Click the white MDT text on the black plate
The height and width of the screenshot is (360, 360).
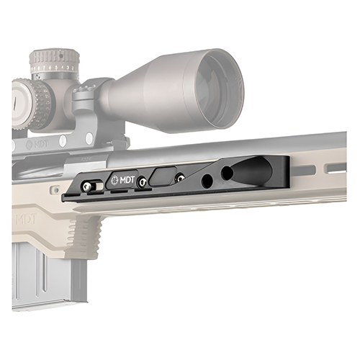point(127,180)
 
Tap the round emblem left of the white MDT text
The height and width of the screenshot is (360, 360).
point(115,180)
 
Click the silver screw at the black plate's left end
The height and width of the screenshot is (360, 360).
point(86,186)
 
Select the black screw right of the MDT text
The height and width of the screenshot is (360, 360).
point(142,183)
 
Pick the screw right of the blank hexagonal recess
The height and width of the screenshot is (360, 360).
point(180,178)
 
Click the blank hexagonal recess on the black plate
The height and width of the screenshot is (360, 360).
point(163,176)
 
